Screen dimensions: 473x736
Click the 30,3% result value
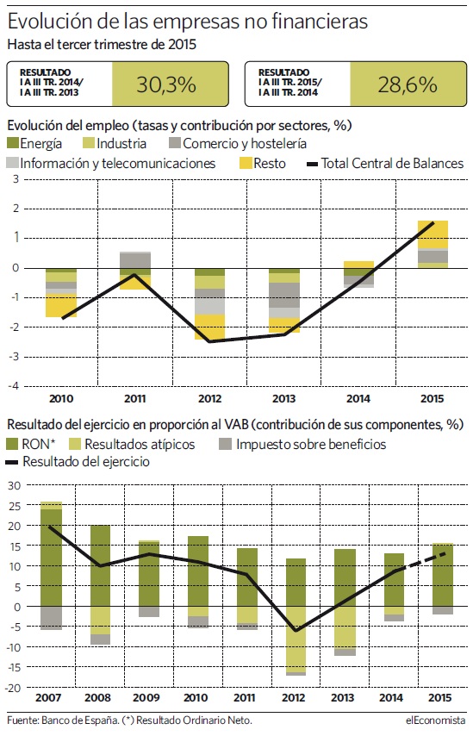click(x=166, y=84)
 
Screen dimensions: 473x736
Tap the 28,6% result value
click(x=408, y=84)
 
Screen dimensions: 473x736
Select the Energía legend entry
click(x=34, y=143)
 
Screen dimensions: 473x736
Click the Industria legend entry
click(x=114, y=143)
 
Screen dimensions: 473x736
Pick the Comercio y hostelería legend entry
click(x=238, y=143)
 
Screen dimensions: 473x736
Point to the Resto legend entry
click(x=262, y=164)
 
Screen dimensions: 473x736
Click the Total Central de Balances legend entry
click(x=385, y=164)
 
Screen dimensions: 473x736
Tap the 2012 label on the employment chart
click(x=209, y=398)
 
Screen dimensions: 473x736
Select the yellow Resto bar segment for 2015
click(x=433, y=234)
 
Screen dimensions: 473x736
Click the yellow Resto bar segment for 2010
click(x=61, y=306)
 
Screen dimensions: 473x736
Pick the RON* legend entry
click(x=31, y=444)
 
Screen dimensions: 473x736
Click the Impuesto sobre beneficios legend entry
click(x=302, y=444)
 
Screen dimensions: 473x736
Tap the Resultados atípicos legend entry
click(x=132, y=444)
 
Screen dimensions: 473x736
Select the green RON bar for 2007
click(x=51, y=558)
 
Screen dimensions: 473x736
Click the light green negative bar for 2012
click(x=296, y=639)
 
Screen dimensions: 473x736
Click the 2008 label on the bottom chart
click(x=97, y=697)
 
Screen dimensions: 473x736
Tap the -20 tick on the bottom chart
click(x=14, y=688)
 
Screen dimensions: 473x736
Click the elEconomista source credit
click(x=436, y=720)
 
